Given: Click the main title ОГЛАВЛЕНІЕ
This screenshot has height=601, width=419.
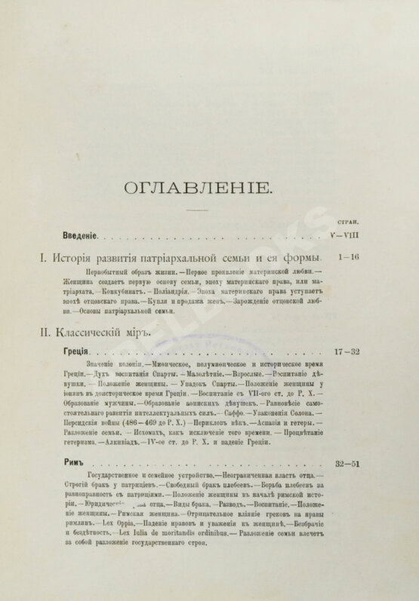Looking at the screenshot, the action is click(x=209, y=186).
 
